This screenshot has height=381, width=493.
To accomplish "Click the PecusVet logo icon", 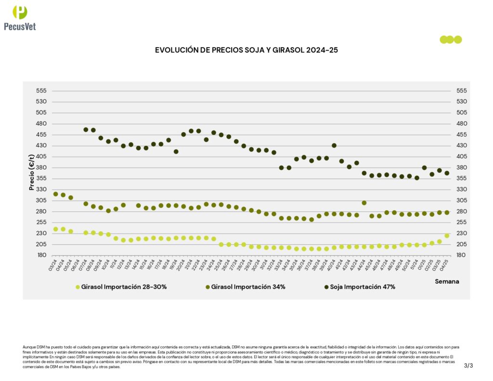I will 20,12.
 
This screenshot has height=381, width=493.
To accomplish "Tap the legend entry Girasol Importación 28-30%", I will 124,287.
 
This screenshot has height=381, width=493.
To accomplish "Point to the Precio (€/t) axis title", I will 32,172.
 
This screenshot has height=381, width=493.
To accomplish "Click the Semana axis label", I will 447,281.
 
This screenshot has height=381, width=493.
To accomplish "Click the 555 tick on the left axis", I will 41,91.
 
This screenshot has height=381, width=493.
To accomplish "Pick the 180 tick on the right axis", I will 461,255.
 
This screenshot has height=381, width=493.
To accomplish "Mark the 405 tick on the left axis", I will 41,157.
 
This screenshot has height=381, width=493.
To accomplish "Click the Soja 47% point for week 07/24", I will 86,130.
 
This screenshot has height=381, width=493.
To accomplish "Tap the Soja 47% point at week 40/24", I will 334,145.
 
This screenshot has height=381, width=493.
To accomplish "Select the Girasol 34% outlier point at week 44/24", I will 364,203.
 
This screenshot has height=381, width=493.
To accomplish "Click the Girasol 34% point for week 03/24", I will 55,194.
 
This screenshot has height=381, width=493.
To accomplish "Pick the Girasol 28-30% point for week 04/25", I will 447,236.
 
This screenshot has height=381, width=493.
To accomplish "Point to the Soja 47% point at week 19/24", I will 176,152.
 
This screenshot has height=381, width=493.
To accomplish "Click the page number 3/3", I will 468,366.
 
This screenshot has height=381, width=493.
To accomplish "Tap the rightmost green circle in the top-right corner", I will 458,39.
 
